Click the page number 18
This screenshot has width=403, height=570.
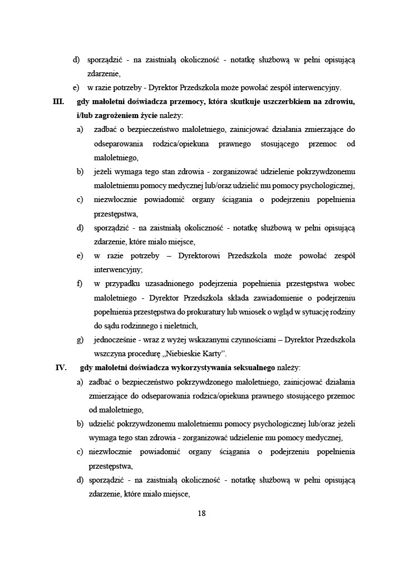202,513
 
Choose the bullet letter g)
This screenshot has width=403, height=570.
81,340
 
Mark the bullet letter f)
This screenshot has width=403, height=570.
80,284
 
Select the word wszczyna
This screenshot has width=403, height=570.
110,354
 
